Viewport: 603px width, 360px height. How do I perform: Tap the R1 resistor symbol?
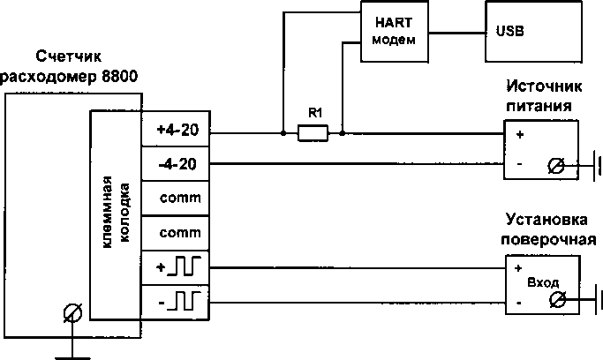tap(313, 134)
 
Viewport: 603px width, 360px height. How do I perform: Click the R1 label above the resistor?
tap(313, 114)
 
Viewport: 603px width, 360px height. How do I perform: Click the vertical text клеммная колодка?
tap(116, 215)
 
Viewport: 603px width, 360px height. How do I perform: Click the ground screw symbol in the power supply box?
tap(556, 164)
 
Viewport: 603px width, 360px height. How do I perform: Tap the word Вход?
tap(543, 284)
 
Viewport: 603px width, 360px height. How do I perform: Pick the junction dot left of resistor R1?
tap(282, 134)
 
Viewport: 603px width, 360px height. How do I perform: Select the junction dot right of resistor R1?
tap(343, 134)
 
